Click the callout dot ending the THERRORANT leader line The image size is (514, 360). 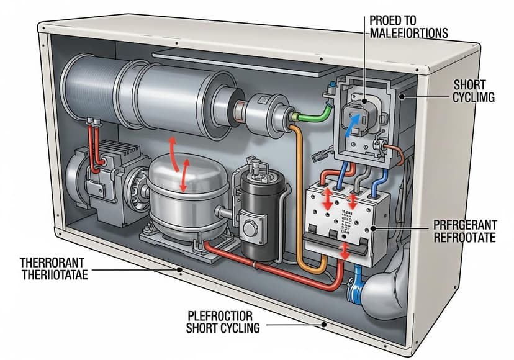[179, 270]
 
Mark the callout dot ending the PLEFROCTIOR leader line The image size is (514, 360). [323, 323]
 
